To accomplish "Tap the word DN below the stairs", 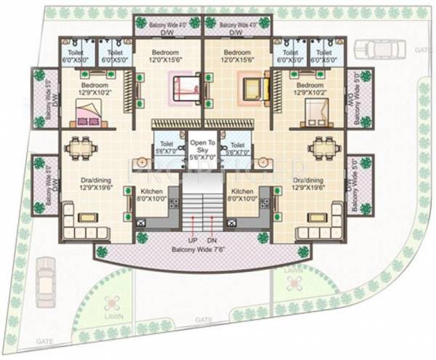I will (x=211, y=239).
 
